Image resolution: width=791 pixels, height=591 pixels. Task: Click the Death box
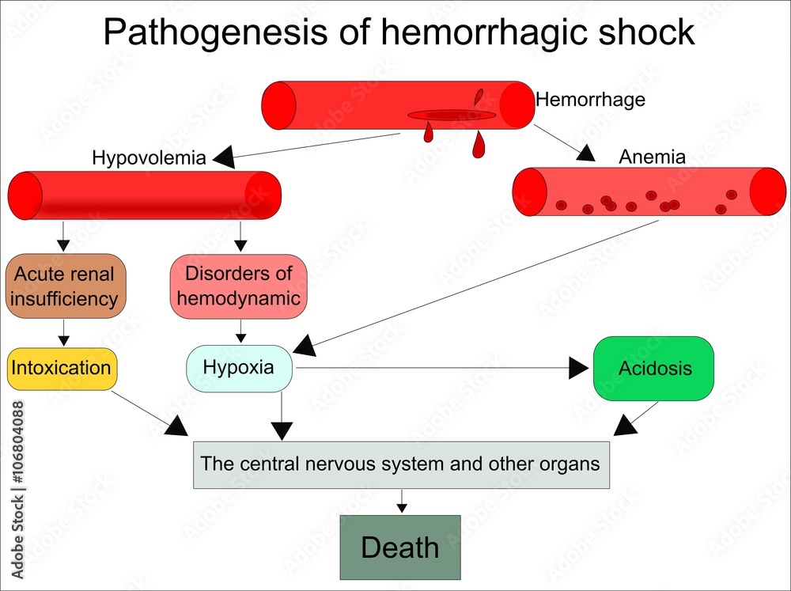pos(400,547)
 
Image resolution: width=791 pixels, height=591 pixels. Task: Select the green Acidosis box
pos(653,368)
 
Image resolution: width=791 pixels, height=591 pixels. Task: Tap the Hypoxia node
pos(239,368)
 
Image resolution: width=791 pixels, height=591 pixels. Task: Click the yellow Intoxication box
pos(61,368)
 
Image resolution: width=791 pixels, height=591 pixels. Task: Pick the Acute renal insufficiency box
pos(64,286)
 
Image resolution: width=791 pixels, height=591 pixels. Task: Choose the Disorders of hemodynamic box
pos(238,286)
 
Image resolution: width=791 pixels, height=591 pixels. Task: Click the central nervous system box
pos(401,464)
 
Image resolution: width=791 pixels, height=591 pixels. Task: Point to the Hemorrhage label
pos(590,100)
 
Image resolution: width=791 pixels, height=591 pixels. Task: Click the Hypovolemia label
pos(149,157)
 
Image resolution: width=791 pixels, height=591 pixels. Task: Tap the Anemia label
pos(652,157)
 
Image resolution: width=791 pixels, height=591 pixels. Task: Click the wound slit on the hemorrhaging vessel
pos(452,116)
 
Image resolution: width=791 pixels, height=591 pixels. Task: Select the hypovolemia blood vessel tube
pos(144,195)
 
